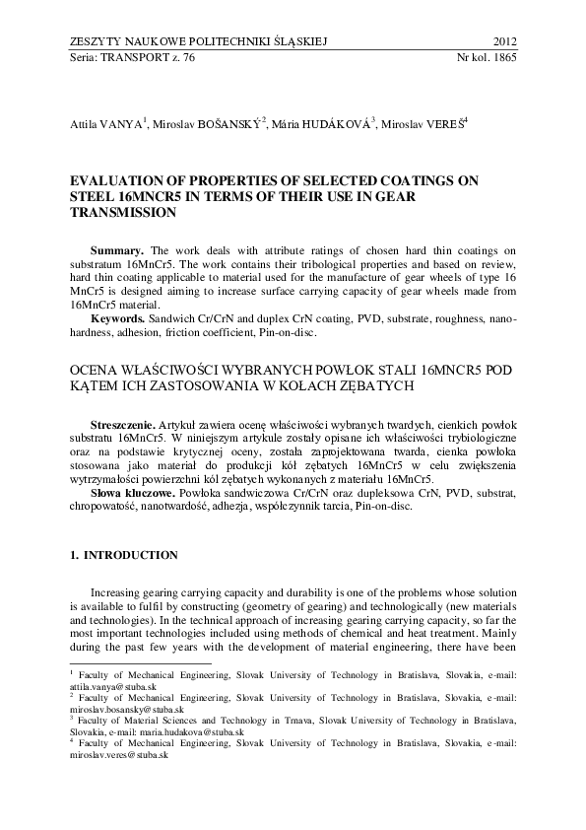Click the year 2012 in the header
click(x=503, y=41)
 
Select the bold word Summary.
click(x=116, y=250)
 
